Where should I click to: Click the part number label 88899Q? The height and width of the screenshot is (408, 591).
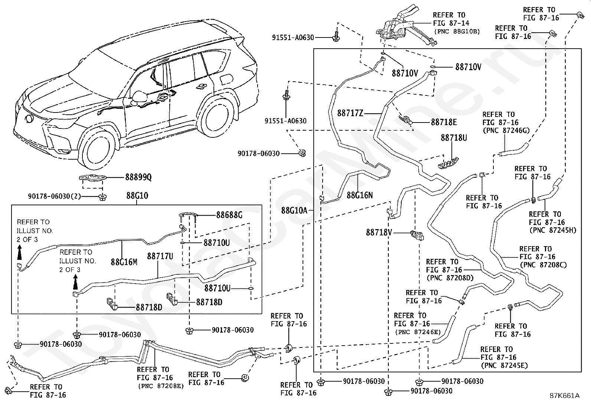click(138, 177)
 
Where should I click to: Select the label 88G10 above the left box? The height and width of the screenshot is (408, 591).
click(137, 196)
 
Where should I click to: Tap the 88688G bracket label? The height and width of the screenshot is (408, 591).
click(229, 215)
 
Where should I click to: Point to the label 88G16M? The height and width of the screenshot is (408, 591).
click(124, 262)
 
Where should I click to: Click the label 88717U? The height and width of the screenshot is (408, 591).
click(160, 256)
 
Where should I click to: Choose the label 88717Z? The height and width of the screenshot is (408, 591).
click(350, 113)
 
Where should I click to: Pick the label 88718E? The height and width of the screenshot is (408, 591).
click(444, 122)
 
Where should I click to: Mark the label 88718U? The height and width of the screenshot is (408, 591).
click(454, 137)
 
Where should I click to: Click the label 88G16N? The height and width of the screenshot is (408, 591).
click(360, 195)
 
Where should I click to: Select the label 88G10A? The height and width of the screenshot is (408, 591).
click(294, 210)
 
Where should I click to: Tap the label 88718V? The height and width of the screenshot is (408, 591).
click(379, 232)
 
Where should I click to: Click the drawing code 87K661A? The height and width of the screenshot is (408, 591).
click(564, 396)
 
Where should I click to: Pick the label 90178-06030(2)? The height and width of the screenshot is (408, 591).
click(54, 196)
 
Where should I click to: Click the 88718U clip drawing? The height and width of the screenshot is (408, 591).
click(448, 163)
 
